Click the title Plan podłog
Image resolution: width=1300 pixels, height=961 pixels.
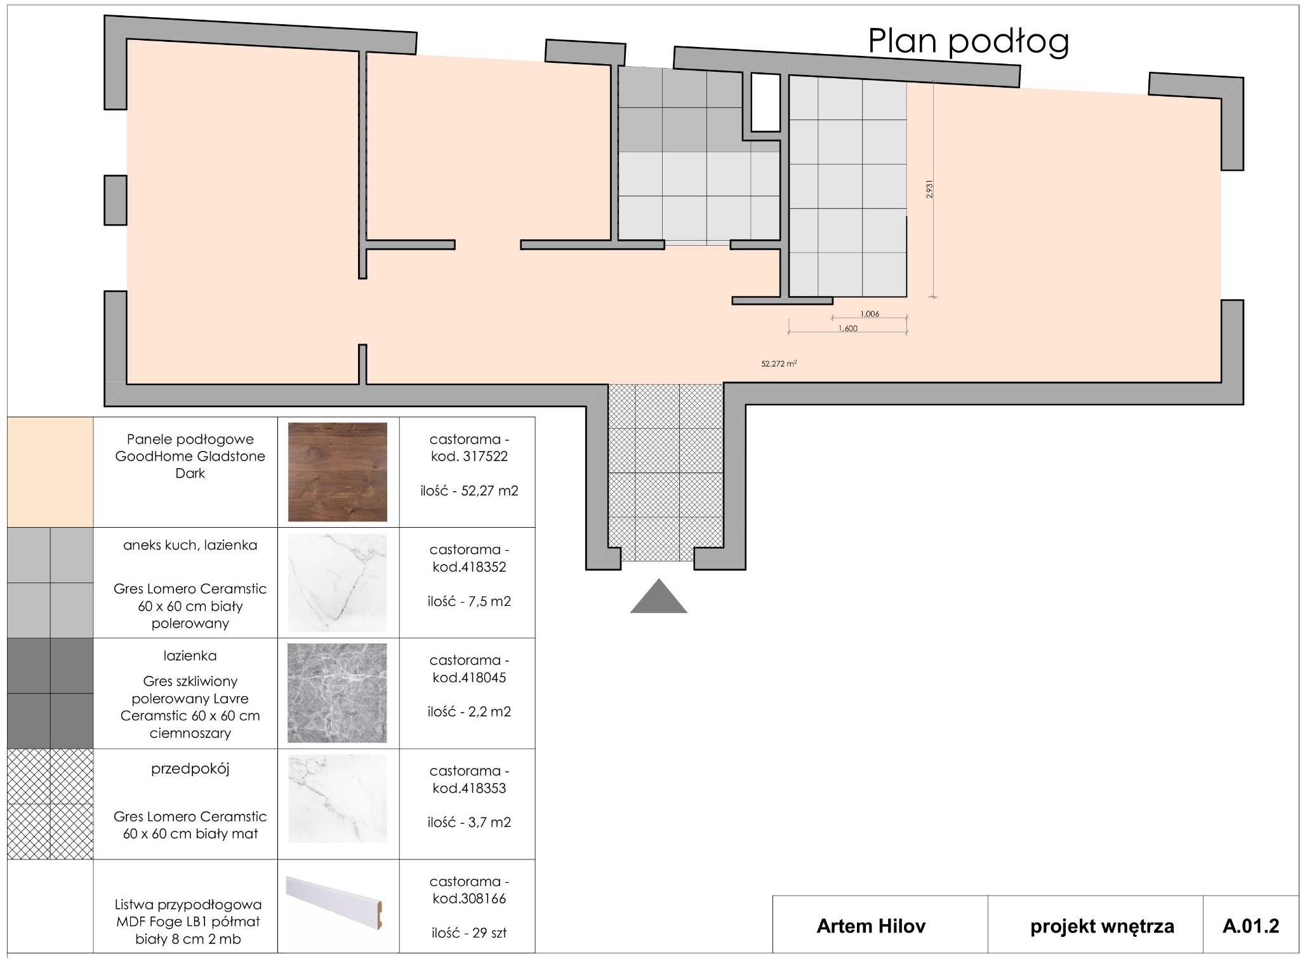[967, 41]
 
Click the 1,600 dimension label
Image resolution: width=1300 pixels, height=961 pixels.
[847, 328]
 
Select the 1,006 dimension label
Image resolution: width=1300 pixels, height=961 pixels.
[869, 314]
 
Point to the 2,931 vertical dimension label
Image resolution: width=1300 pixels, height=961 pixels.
[929, 189]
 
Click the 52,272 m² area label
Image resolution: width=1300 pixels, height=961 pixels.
[779, 364]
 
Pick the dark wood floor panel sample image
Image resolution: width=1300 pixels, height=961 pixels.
[337, 472]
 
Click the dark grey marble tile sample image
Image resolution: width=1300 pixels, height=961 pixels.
[337, 693]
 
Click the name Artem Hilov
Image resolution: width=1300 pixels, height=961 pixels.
[870, 926]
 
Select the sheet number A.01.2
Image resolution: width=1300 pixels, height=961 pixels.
[1250, 926]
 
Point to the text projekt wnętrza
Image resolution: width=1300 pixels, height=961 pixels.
[1102, 926]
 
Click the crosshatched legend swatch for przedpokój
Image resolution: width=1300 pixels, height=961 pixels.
[50, 804]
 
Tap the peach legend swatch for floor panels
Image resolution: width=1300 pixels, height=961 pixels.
[50, 472]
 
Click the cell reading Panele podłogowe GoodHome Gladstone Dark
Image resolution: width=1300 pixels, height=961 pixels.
[190, 456]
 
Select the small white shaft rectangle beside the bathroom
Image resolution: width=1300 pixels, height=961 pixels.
[765, 102]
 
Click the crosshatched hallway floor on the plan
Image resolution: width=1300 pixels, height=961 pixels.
[665, 473]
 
